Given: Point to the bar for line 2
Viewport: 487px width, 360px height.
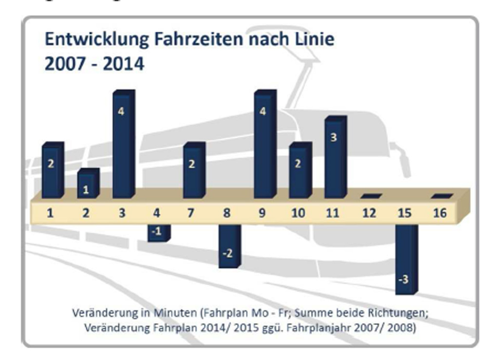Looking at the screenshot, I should coord(88,184).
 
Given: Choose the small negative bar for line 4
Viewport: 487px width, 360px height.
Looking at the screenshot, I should coord(158,232).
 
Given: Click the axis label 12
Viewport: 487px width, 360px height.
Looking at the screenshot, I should coord(369,213).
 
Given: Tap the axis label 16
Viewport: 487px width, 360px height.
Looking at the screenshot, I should coord(440,213).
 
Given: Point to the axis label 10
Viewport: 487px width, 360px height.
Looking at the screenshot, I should coord(298,213).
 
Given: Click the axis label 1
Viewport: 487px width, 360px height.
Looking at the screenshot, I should coord(50,213).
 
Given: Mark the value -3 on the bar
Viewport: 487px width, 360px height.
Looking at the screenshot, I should coord(403,280).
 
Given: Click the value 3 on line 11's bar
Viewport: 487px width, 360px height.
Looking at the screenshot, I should coord(334,138).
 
